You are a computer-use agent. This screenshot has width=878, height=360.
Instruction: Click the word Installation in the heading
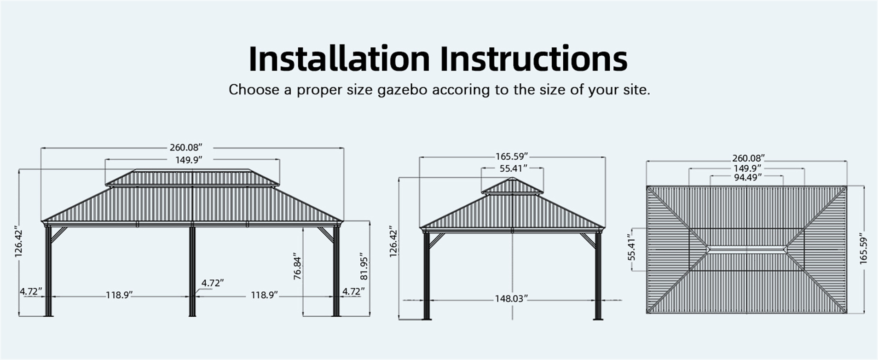[339, 58]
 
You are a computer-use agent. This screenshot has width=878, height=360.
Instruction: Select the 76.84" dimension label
[297, 268]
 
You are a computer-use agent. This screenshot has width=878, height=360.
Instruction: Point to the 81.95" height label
[364, 266]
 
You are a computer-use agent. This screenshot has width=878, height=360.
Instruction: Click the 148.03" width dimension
[511, 299]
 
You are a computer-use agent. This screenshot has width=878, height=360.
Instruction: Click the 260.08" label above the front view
[186, 148]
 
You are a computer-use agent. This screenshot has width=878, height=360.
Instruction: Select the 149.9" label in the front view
[189, 160]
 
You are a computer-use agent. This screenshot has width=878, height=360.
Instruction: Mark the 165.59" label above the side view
[512, 157]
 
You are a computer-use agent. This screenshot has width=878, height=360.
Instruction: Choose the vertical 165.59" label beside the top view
[863, 250]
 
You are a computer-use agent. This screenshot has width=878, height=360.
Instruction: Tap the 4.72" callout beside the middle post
[213, 283]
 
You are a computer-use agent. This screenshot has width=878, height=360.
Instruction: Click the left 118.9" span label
[119, 295]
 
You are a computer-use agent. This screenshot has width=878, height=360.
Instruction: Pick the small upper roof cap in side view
[513, 186]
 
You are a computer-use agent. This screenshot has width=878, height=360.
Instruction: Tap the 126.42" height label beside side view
[393, 241]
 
